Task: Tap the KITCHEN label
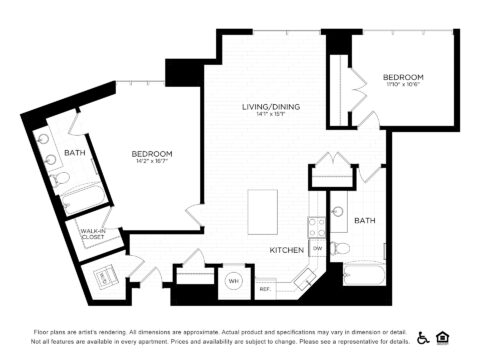(286, 250)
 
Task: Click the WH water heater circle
(233, 282)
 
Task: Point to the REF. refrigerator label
(265, 289)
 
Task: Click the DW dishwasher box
(317, 248)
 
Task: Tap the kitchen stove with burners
(316, 227)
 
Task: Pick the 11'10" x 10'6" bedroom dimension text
(404, 86)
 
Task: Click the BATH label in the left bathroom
(75, 153)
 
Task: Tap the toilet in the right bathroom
(341, 247)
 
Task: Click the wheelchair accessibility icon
(422, 337)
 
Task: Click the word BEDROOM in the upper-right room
(404, 77)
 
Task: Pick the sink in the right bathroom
(338, 213)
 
